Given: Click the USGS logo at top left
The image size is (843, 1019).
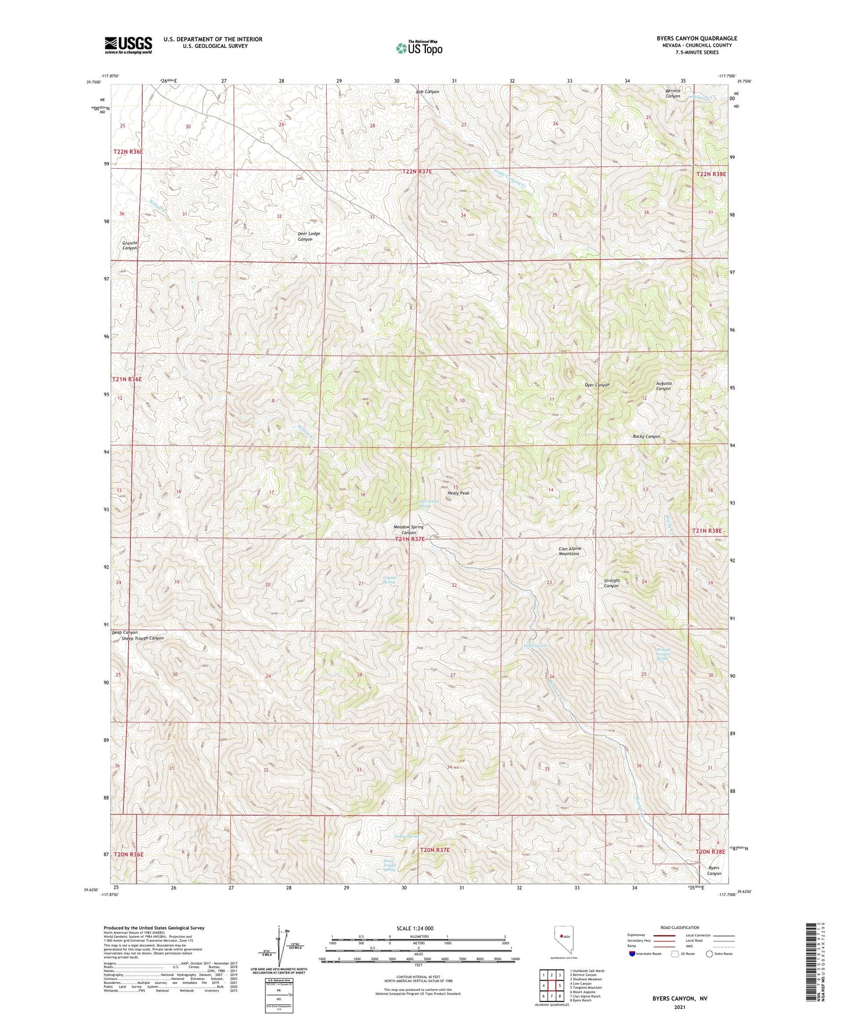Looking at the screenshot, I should coord(128,44).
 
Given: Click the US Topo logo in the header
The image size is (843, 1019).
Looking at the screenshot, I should coord(418,47).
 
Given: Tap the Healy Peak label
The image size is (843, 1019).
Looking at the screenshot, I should coord(458,493).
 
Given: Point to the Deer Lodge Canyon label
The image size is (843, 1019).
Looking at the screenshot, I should coord(309,236).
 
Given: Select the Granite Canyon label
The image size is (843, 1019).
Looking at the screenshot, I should coord(130,245).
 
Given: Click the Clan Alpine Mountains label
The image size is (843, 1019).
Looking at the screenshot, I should coord(569,551).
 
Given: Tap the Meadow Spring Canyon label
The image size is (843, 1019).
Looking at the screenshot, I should coord(408,530).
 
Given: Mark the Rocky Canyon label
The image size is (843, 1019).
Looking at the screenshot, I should coord(646,437).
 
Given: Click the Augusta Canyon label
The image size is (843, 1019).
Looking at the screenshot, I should coord(664,386).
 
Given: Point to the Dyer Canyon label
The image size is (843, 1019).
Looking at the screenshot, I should coord(597,385).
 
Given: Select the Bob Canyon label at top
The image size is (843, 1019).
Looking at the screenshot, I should coord(428,92).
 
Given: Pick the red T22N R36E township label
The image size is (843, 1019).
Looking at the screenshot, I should coord(128,152).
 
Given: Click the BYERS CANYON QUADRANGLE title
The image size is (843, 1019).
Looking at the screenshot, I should coord(688,39).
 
